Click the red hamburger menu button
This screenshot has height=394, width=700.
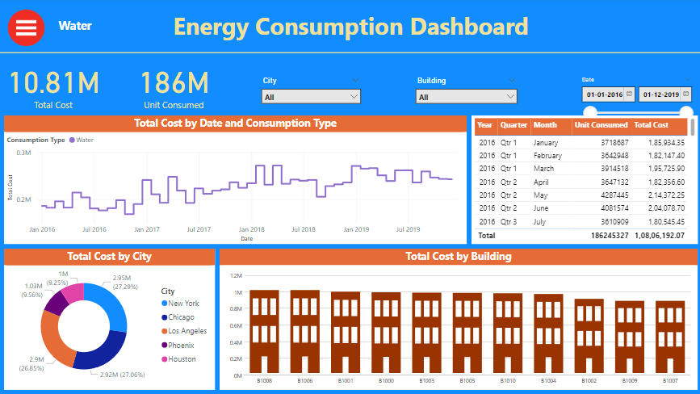(x=27, y=27)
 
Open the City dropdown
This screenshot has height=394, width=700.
(x=311, y=97)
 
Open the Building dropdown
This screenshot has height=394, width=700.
(x=466, y=97)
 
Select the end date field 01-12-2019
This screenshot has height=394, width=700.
(x=661, y=95)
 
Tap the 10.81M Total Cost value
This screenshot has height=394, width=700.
(x=53, y=82)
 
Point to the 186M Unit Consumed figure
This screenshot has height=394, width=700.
(x=174, y=82)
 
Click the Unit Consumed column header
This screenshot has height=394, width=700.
(x=600, y=125)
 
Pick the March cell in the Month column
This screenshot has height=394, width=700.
(x=544, y=169)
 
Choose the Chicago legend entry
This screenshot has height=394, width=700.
(x=182, y=317)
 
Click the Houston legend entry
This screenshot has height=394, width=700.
(x=182, y=359)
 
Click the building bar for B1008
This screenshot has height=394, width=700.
(x=264, y=331)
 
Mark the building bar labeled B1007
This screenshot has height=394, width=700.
(x=670, y=337)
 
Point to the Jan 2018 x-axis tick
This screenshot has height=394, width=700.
(x=251, y=229)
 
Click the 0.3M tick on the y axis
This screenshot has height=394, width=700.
(x=23, y=153)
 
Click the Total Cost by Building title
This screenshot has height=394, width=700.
(x=458, y=257)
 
